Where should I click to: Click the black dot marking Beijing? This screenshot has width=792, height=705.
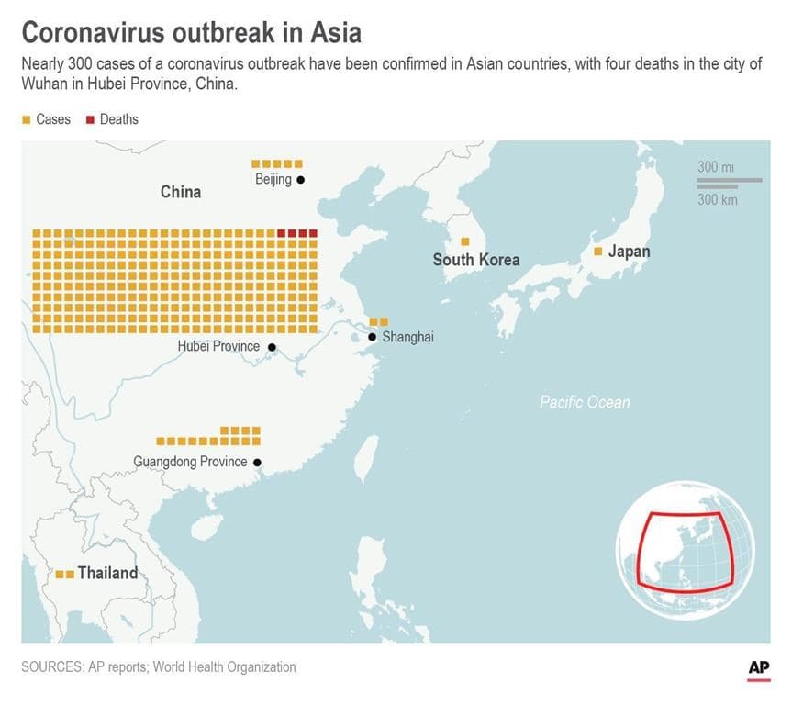coord(300,180)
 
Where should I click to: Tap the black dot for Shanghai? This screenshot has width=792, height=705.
coord(372,338)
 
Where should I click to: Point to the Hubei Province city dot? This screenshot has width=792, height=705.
coord(272,347)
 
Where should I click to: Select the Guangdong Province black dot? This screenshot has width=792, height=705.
coord(257,463)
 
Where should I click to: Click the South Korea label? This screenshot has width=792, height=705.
coord(475,260)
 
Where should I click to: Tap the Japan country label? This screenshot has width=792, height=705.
coord(629,252)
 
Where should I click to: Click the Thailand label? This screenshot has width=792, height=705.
coord(107,573)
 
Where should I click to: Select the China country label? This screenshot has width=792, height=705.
coord(181,192)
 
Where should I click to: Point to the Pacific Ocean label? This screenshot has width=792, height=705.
coord(585,402)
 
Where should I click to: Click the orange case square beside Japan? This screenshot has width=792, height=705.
coord(598,252)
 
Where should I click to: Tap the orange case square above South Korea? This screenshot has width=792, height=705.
coord(465,241)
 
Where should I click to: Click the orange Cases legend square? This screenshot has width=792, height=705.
coord(27,119)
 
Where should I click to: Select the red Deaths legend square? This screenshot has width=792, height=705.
coord(90,119)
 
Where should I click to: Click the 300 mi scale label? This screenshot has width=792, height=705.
coord(716,167)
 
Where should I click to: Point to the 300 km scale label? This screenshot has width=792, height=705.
coord(717,199)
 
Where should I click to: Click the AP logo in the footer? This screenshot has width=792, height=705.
coord(758,669)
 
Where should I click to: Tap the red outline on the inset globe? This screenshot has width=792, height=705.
coord(642,551)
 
